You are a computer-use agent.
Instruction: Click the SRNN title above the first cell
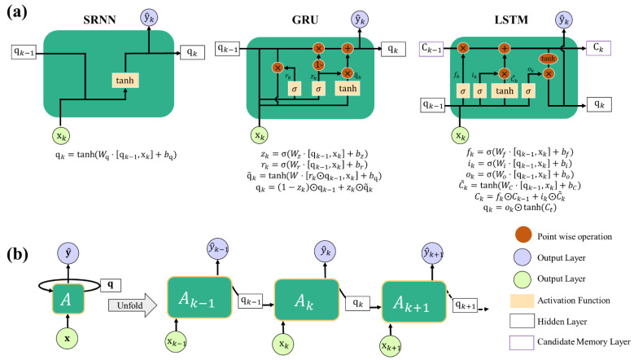(x=108, y=19)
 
